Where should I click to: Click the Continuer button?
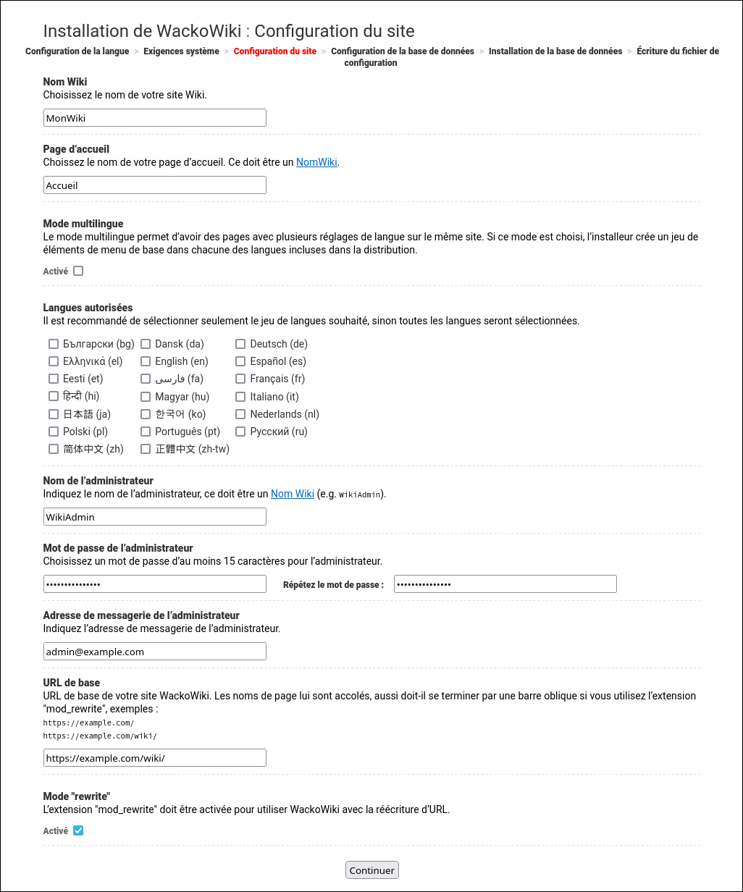371,870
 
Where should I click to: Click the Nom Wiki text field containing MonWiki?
154,118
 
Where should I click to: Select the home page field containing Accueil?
154,185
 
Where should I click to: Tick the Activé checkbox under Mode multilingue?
78,271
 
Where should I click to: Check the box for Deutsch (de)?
240,344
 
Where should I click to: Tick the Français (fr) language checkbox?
240,379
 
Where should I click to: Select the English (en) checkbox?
146,361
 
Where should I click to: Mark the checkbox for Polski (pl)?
54,432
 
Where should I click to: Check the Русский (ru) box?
240,432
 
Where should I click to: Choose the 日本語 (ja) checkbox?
54,414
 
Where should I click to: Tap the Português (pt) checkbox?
146,432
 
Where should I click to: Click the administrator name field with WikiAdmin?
154,517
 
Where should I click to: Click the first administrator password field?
154,584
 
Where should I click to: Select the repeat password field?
505,584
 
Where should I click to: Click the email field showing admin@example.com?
154,652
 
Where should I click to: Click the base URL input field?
154,758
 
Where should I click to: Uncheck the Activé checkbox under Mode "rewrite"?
78,830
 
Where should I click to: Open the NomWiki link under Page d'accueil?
316,162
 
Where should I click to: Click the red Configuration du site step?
274,51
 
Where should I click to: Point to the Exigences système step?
181,51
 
